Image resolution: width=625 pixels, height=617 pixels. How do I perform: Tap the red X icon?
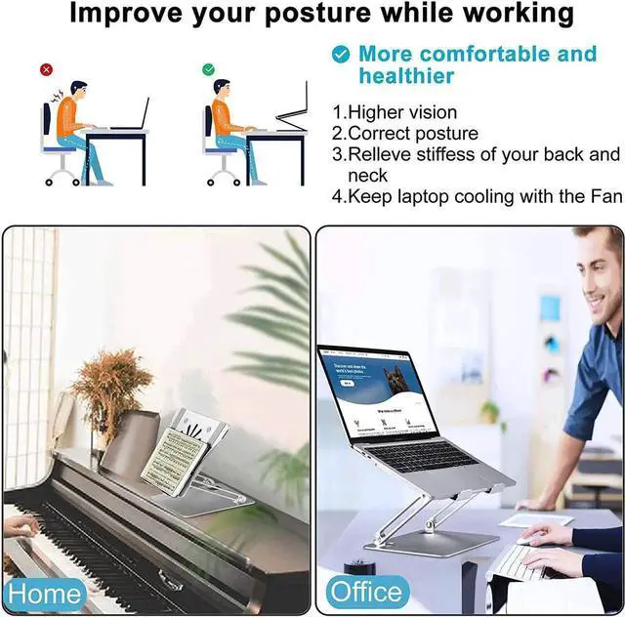[x=46, y=70]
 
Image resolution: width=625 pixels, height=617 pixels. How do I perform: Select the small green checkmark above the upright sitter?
[x=208, y=70]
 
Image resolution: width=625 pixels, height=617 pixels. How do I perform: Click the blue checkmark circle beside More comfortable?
[x=340, y=55]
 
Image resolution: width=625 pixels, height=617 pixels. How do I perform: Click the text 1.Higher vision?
[x=395, y=112]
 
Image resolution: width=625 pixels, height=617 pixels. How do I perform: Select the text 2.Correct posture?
[x=405, y=134]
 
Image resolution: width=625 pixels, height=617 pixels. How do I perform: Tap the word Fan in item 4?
[x=604, y=196]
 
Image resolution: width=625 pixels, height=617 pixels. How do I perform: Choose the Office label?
[x=366, y=592]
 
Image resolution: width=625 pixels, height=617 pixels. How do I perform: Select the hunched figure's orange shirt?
[x=66, y=118]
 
